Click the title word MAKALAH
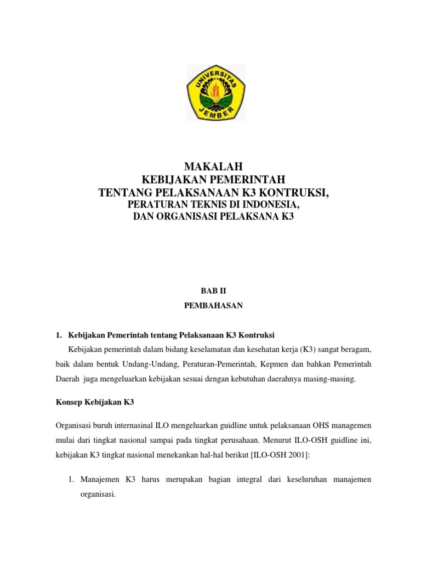click(214, 166)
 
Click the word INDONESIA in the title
click(268, 204)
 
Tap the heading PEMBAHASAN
click(214, 306)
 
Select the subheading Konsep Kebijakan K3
click(95, 402)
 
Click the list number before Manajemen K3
click(70, 479)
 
